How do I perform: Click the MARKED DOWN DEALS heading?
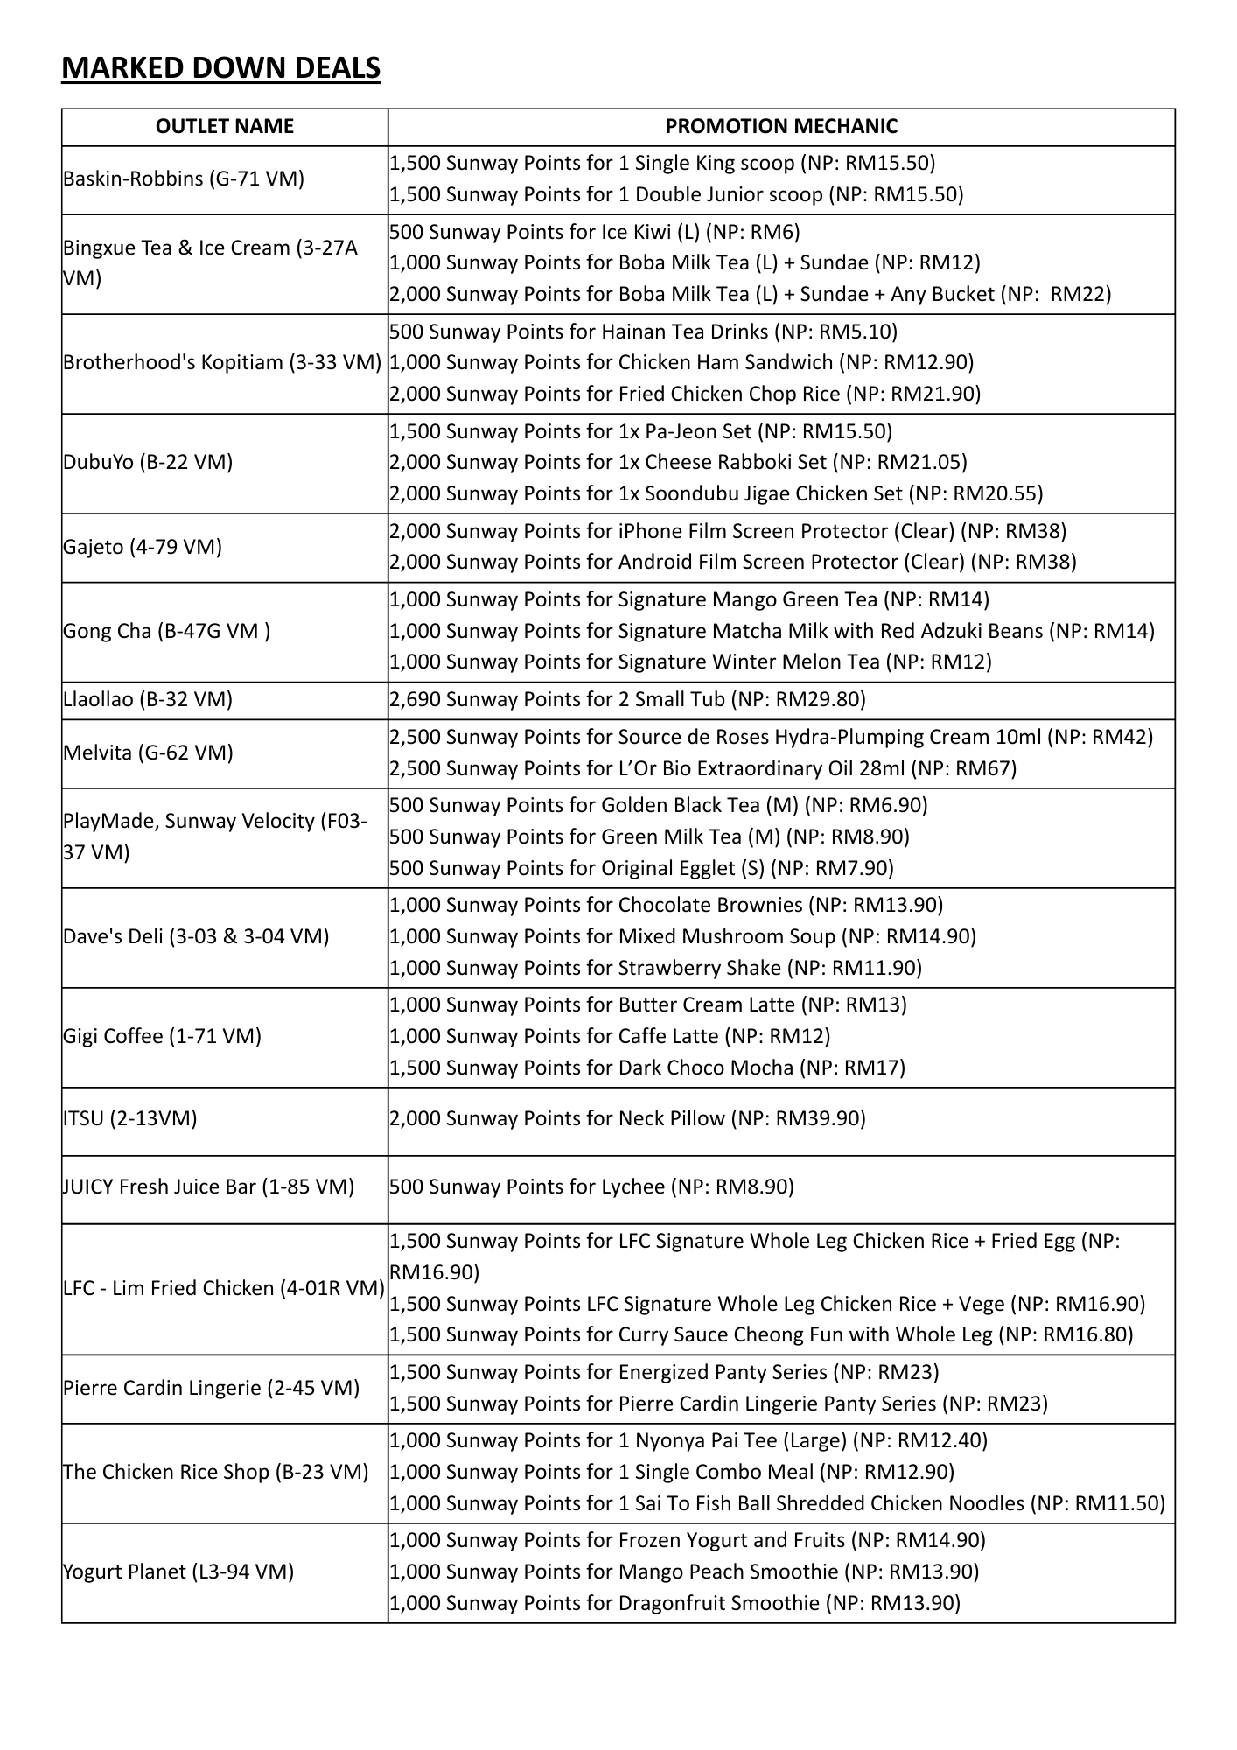point(220,67)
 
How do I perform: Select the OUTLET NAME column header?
point(225,126)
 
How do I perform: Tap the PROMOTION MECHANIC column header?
point(781,126)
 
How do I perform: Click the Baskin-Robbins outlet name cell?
point(184,178)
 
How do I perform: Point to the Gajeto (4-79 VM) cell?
point(143,547)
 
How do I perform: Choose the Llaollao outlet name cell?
point(148,699)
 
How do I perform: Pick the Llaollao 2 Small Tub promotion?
point(627,699)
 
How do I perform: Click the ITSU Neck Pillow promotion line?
point(627,1118)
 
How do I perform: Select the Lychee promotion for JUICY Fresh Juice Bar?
point(591,1186)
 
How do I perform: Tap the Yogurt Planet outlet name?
point(178,1571)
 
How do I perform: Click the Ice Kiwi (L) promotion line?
point(595,232)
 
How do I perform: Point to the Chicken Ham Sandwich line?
point(681,362)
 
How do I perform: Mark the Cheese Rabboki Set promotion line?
point(678,462)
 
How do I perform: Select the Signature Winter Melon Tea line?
point(690,661)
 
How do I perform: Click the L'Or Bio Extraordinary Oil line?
point(702,768)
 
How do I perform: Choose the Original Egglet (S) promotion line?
point(641,868)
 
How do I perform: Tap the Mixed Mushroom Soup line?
point(682,936)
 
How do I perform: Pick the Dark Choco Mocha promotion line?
point(647,1067)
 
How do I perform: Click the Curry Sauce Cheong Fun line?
point(761,1334)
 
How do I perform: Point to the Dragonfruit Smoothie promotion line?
point(674,1603)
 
